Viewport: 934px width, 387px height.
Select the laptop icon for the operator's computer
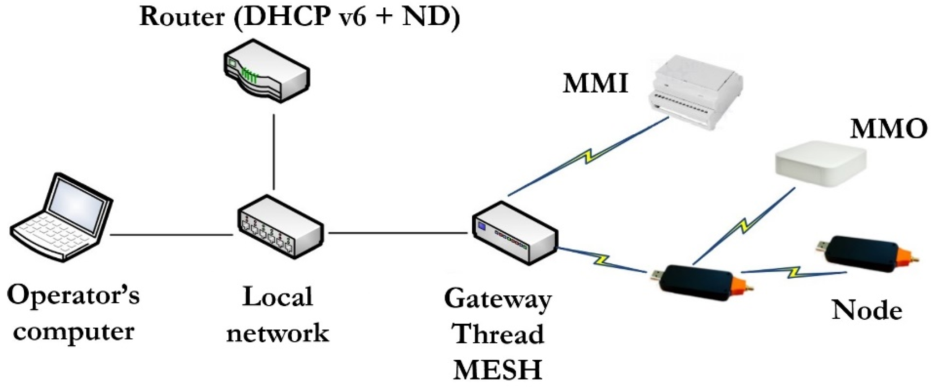coord(61,217)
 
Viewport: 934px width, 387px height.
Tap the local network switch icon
coord(280,227)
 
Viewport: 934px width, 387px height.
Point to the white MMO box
coord(820,164)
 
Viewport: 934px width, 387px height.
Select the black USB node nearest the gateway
coord(704,283)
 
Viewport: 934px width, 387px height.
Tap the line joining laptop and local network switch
coord(171,235)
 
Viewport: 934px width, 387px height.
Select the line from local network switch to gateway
coord(398,233)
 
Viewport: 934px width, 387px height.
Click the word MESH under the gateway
coord(497,369)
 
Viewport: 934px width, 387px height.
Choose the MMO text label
coord(889,129)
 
